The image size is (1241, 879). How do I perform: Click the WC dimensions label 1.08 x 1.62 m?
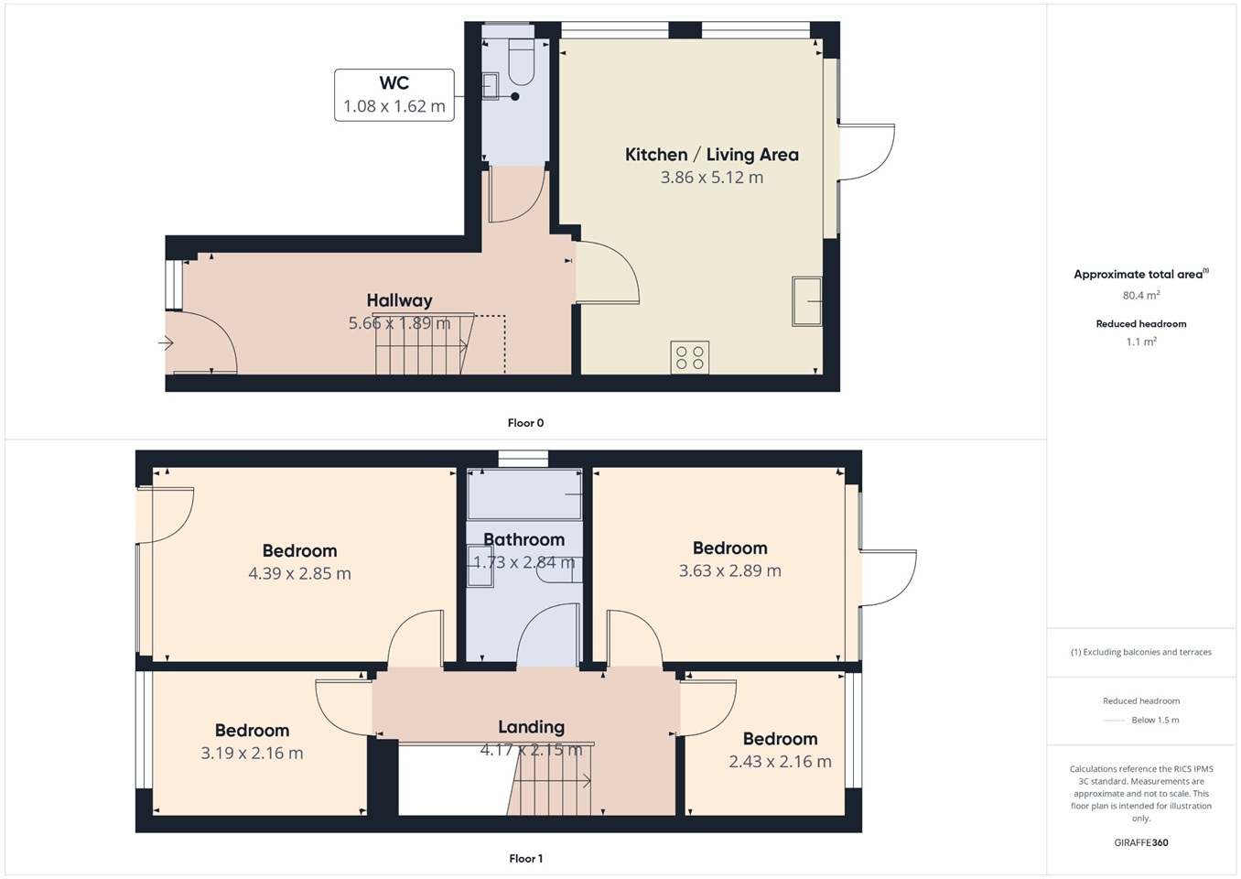coord(394,106)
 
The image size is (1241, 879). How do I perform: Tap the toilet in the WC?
coord(521,61)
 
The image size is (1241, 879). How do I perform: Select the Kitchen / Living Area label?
coord(712,155)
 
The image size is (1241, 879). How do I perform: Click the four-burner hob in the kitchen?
coord(690,357)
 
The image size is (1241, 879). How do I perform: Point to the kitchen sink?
coord(806,301)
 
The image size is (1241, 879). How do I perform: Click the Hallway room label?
coord(399,300)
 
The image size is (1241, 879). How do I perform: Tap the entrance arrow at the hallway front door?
coord(166,343)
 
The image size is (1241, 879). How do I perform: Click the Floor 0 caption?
coord(525,423)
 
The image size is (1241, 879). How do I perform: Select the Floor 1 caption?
coord(525,859)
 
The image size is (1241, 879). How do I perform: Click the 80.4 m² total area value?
coord(1141,296)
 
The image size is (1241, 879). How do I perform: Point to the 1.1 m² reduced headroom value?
coord(1141,342)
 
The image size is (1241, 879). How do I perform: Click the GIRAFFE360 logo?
coord(1141,842)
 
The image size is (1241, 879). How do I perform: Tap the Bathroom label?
coord(524,539)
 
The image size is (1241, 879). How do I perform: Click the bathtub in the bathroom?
coord(524,494)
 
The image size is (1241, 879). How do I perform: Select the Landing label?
coord(532,727)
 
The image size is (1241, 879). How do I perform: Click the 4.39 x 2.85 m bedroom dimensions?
coord(299,573)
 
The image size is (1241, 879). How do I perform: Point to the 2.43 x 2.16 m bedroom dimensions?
coord(780,762)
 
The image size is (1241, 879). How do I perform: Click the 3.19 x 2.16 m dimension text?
coord(252,754)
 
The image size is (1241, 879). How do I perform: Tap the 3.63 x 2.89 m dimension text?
coord(730,570)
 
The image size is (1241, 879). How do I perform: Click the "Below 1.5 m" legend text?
coord(1155,720)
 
